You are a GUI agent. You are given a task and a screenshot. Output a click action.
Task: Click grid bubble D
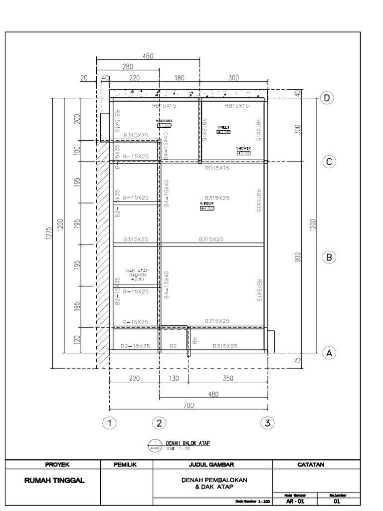click(327, 98)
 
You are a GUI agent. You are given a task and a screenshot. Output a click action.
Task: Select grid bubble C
click(329, 162)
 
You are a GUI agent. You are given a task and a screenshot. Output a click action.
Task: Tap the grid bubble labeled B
click(329, 257)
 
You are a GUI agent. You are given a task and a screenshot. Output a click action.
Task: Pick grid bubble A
click(329, 353)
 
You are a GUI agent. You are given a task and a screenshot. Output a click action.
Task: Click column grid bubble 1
click(109, 423)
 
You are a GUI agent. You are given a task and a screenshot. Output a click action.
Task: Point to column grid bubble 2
click(159, 423)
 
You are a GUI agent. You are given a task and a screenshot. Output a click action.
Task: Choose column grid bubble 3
click(268, 423)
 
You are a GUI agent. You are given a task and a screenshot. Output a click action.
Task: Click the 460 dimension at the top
click(148, 56)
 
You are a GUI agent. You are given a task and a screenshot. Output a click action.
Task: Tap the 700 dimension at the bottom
click(188, 406)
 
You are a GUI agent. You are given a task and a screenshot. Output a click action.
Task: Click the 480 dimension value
click(213, 394)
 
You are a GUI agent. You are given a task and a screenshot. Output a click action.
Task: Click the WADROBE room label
click(164, 121)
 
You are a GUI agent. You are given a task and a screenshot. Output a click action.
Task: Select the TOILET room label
click(223, 128)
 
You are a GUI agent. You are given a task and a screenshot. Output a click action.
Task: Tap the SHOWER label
click(243, 149)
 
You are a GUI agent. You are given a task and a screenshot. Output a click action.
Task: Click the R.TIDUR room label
click(206, 204)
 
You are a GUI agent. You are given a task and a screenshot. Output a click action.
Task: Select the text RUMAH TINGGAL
click(55, 481)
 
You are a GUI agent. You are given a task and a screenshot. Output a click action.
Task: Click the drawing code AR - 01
click(297, 501)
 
